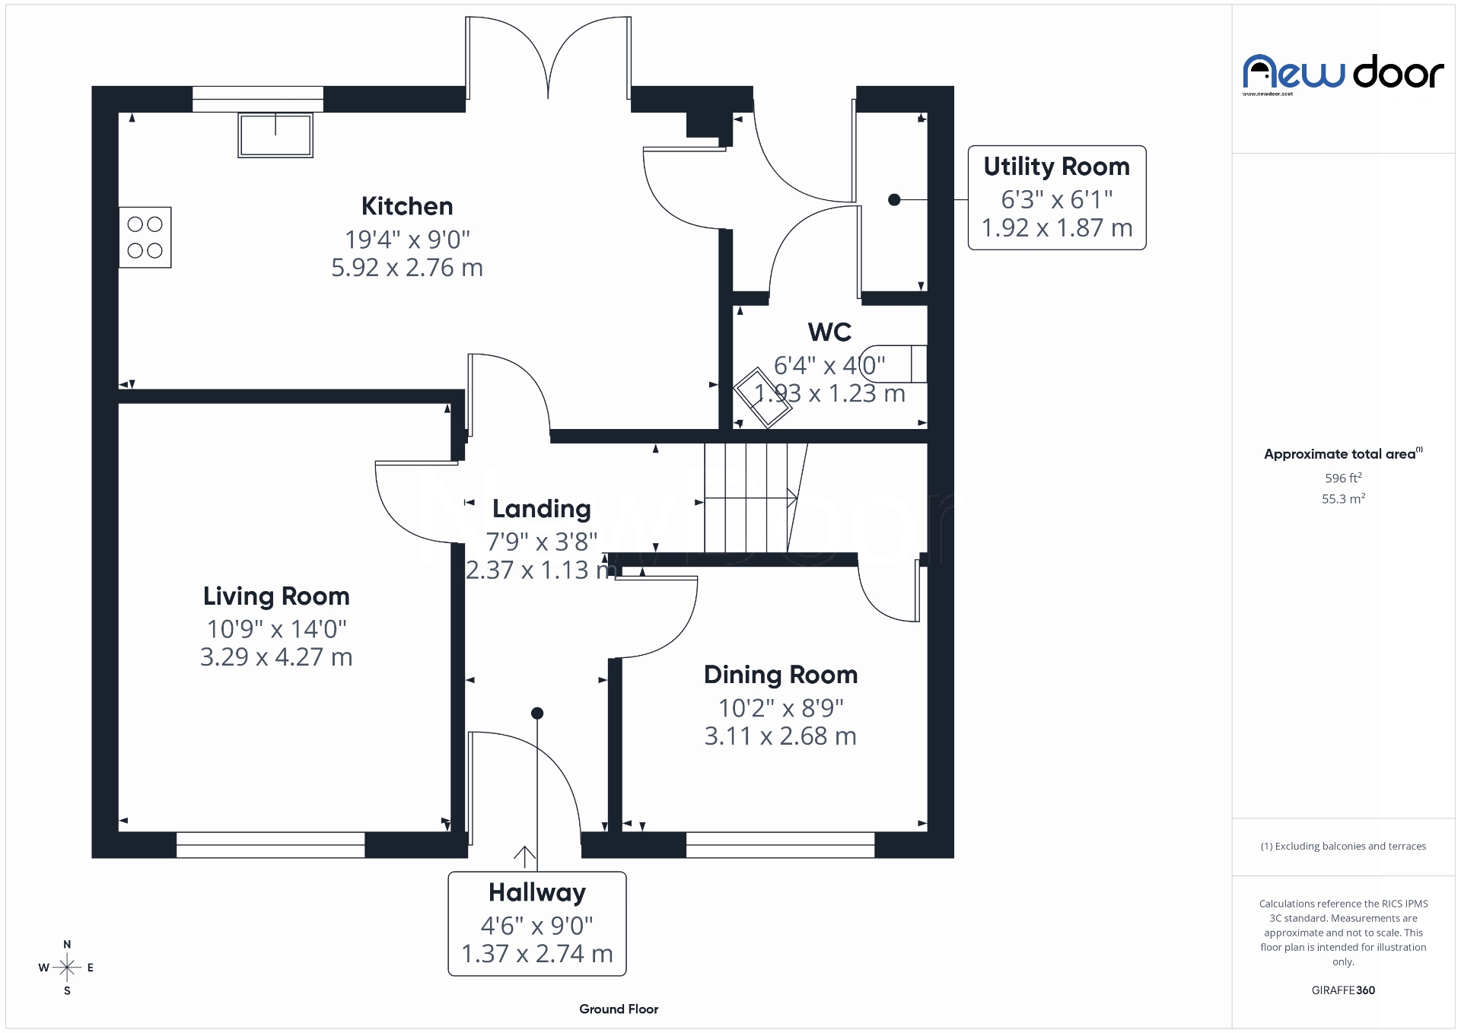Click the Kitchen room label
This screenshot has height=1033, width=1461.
click(x=407, y=206)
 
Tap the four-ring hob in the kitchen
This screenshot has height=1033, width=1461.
click(x=145, y=237)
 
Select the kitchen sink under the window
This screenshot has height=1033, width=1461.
click(x=275, y=135)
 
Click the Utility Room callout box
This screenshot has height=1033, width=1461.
click(x=1056, y=198)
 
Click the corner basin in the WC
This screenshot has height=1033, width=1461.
click(x=762, y=398)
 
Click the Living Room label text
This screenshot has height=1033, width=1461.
click(x=276, y=596)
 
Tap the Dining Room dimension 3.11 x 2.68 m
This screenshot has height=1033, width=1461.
click(x=780, y=736)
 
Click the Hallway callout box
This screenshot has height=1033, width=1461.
click(x=537, y=923)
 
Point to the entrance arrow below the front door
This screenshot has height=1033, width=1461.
click(x=524, y=857)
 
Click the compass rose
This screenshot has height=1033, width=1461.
click(x=67, y=968)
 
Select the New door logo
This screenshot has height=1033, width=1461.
click(x=1343, y=74)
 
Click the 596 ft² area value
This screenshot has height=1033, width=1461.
click(x=1343, y=478)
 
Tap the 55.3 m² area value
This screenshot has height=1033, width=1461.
click(x=1343, y=499)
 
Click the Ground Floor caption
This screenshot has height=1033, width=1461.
click(x=619, y=1009)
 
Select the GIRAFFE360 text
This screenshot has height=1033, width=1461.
click(x=1343, y=990)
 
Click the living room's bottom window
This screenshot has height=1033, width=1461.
click(x=270, y=845)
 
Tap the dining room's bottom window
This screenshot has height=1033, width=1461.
click(x=780, y=845)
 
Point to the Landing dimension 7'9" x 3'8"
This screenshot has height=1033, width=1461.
click(x=542, y=542)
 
